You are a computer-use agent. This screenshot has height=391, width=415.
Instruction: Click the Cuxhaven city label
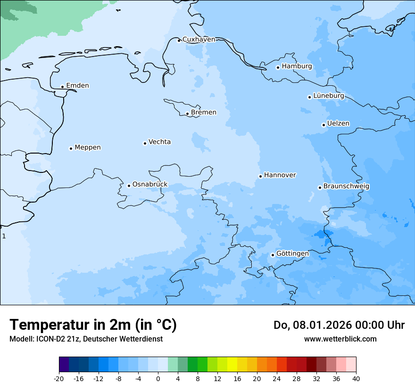(x=199, y=40)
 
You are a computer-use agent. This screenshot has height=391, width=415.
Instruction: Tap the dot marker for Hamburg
(x=278, y=67)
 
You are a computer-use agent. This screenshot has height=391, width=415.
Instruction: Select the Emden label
(x=77, y=86)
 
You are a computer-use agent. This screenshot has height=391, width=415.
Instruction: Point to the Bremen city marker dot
(x=187, y=114)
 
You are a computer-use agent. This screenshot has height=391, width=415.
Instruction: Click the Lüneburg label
(x=328, y=96)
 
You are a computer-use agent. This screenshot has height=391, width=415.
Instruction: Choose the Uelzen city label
(x=338, y=123)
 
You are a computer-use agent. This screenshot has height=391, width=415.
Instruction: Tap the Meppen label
(x=87, y=147)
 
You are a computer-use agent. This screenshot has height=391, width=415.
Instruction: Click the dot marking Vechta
(x=145, y=143)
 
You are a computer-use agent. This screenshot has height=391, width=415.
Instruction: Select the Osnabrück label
(x=149, y=184)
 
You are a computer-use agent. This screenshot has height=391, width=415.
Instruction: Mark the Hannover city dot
(x=260, y=176)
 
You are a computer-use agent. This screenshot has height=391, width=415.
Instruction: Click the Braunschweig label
(x=346, y=186)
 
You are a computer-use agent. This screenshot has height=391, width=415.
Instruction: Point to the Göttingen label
(x=292, y=253)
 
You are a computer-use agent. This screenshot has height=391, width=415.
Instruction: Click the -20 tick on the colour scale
(x=59, y=379)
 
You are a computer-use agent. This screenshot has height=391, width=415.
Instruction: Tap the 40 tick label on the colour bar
(x=356, y=379)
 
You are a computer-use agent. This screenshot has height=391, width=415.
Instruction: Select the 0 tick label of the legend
(x=158, y=379)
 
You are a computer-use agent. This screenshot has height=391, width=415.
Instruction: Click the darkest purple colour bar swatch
(x=64, y=365)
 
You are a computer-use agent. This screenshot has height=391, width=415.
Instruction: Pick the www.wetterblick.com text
(x=340, y=339)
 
